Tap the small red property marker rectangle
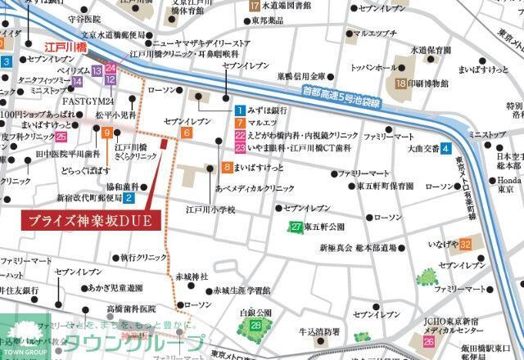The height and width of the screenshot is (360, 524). point(165,144)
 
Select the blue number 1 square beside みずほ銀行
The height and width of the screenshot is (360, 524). point(240,110)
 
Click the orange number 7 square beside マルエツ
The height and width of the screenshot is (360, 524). point(240,123)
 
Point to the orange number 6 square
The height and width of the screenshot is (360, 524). point(187,133)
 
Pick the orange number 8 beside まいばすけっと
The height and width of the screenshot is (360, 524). point(226,168)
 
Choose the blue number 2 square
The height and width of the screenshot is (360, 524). point(129,197)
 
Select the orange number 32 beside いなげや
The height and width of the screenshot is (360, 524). point(465,245)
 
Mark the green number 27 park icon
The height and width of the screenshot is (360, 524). point(296,227)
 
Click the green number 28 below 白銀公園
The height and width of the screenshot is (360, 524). point(256,326)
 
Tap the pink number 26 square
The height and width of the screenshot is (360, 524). point(429,341)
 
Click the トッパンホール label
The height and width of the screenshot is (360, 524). point(373,67)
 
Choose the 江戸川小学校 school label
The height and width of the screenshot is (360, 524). point(210,210)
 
